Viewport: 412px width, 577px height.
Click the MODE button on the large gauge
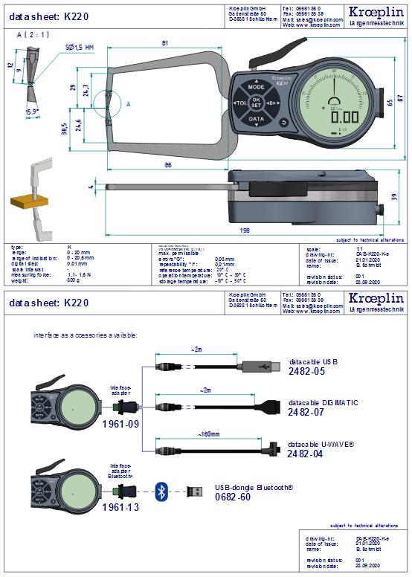[x=256, y=87]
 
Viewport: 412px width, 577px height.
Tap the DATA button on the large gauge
[x=256, y=119]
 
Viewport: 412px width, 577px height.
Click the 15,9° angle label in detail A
[x=32, y=112]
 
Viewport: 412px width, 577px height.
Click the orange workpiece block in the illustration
[x=24, y=202]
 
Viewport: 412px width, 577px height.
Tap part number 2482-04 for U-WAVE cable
[x=308, y=454]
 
